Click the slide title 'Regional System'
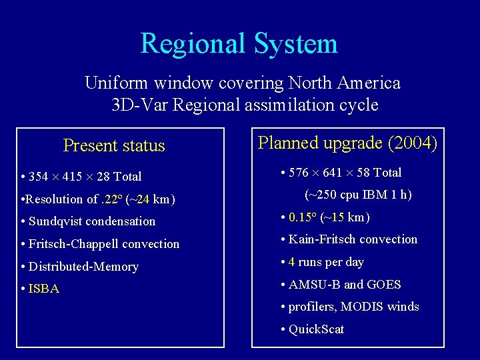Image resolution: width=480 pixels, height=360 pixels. coord(239,44)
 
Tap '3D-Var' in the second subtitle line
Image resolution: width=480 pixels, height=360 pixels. coord(136,105)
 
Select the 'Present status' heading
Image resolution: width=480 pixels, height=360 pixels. coord(114,145)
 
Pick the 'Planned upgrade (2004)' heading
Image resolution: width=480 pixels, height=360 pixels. coord(347,143)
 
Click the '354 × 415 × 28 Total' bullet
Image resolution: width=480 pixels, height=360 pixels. coord(81,177)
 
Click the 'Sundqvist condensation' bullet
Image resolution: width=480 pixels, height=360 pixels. coord(89,221)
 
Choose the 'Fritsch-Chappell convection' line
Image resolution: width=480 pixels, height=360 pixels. coord(101,244)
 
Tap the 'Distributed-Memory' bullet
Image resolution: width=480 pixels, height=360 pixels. coord(80,267)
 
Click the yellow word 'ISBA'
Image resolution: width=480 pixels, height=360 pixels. coord(44,289)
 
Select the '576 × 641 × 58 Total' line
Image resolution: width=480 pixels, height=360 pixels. coord(341,173)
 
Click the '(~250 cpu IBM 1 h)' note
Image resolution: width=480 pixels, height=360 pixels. coord(358,195)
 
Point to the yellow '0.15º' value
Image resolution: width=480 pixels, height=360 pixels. coord(303,217)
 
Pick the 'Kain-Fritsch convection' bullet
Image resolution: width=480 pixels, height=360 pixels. coord(349,239)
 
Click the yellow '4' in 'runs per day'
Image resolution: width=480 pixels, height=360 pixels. coord(292,262)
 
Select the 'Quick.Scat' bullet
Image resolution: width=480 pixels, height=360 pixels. coord(313,329)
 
